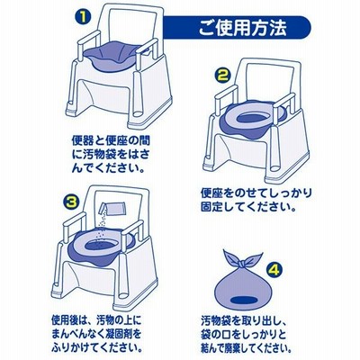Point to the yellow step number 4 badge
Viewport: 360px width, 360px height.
274,270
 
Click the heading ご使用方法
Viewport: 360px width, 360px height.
242,28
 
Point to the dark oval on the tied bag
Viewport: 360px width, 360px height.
244,301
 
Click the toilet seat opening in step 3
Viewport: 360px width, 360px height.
103,246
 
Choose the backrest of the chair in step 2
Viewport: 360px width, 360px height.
268,78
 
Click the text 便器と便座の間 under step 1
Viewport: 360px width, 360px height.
111,139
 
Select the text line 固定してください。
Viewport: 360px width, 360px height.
247,207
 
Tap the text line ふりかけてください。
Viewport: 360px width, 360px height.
97,347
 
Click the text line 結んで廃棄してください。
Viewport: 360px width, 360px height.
247,348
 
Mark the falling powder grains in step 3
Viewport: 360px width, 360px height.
102,225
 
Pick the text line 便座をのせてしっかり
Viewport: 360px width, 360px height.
256,193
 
